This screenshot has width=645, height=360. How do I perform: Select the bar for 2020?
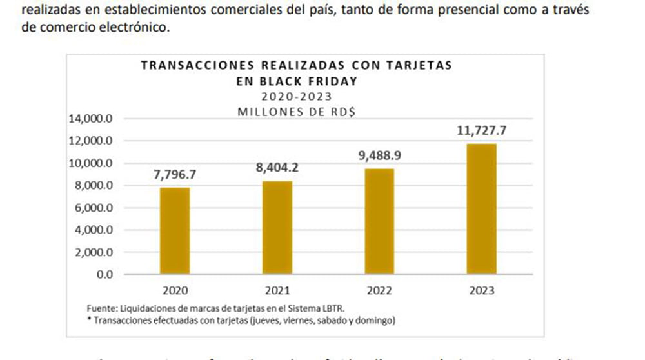click(x=175, y=230)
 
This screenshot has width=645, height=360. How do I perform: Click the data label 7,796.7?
click(x=175, y=175)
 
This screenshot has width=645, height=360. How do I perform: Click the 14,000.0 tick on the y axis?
click(x=90, y=119)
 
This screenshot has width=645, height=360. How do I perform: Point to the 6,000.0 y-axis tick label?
click(x=93, y=208)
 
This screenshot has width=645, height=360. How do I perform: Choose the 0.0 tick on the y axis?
click(x=103, y=274)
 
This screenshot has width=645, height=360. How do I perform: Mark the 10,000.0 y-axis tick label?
click(x=90, y=163)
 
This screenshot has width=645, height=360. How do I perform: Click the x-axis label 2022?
click(x=379, y=291)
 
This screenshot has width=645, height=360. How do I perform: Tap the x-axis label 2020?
click(x=175, y=291)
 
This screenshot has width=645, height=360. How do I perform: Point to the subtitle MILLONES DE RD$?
click(x=297, y=111)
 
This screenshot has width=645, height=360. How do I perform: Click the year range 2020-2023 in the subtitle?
click(x=297, y=97)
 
